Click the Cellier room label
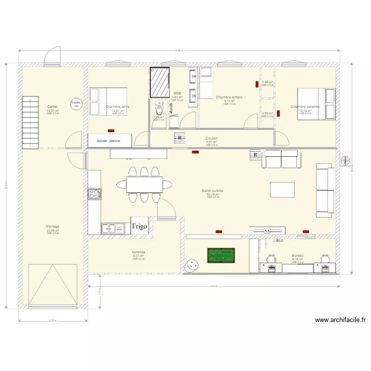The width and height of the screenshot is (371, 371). pos(52,107)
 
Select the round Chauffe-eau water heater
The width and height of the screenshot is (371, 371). pos(76,104)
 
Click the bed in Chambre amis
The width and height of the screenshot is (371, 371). pos(109,102)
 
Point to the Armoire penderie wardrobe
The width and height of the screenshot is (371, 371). pos(110,140)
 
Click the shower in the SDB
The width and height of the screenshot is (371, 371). pos(160,83)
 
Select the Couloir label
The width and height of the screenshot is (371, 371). pos(212,139)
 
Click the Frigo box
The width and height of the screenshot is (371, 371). pos(139,226)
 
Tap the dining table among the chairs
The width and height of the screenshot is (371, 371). pos(143,185)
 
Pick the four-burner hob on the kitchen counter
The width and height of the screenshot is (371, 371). pos(94,194)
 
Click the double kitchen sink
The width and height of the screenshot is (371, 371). pos(113,228)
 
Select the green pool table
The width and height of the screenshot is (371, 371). pos(221,256)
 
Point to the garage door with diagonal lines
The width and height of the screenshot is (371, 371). pos(53,284)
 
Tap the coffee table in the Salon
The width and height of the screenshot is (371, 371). pos(282,189)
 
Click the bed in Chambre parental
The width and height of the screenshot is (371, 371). pos(311,104)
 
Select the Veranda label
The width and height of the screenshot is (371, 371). pos(139,252)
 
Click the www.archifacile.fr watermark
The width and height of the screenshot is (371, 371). pos(340,320)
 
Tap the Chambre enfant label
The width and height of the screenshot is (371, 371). pos(229,97)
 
